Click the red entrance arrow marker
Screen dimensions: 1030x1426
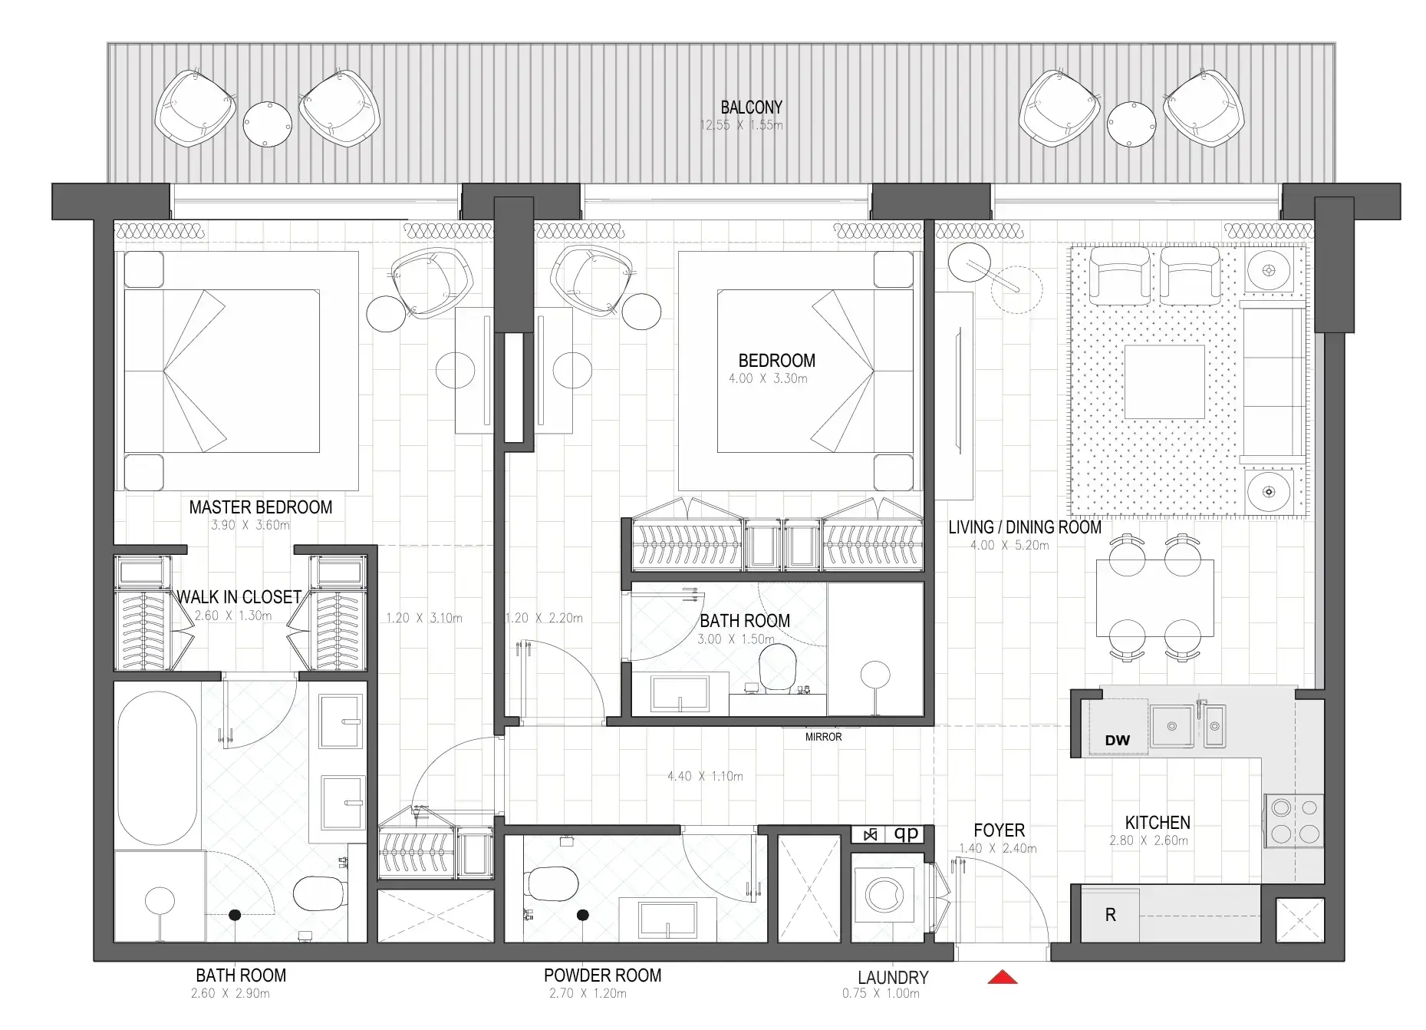pyautogui.click(x=1003, y=977)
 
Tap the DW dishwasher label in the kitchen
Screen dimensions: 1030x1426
pyautogui.click(x=1118, y=741)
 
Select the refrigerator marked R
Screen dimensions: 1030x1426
pyautogui.click(x=1110, y=915)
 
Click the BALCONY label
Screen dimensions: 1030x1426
pyautogui.click(x=751, y=107)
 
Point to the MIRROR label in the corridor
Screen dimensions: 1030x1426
pyautogui.click(x=823, y=737)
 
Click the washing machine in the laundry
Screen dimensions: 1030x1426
pyautogui.click(x=884, y=895)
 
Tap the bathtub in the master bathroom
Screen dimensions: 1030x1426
pyautogui.click(x=157, y=768)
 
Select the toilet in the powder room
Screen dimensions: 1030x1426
pyautogui.click(x=553, y=883)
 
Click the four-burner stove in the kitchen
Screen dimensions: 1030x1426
pyautogui.click(x=1294, y=820)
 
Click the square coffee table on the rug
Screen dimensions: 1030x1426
pyautogui.click(x=1164, y=381)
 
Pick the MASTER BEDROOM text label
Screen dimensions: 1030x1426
pyautogui.click(x=261, y=507)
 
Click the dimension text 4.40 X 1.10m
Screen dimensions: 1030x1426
pyautogui.click(x=705, y=776)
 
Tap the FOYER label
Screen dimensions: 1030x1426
pyautogui.click(x=999, y=830)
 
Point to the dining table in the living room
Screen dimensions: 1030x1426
pyautogui.click(x=1154, y=599)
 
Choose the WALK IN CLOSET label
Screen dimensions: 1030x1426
pyautogui.click(x=239, y=597)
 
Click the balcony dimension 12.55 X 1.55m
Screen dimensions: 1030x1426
pyautogui.click(x=741, y=125)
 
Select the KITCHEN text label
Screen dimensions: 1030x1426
pyautogui.click(x=1157, y=823)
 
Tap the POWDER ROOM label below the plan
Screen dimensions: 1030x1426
pyautogui.click(x=602, y=976)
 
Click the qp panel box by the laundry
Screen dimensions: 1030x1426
pyautogui.click(x=906, y=834)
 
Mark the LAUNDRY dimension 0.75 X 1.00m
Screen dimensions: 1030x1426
pyautogui.click(x=881, y=993)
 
